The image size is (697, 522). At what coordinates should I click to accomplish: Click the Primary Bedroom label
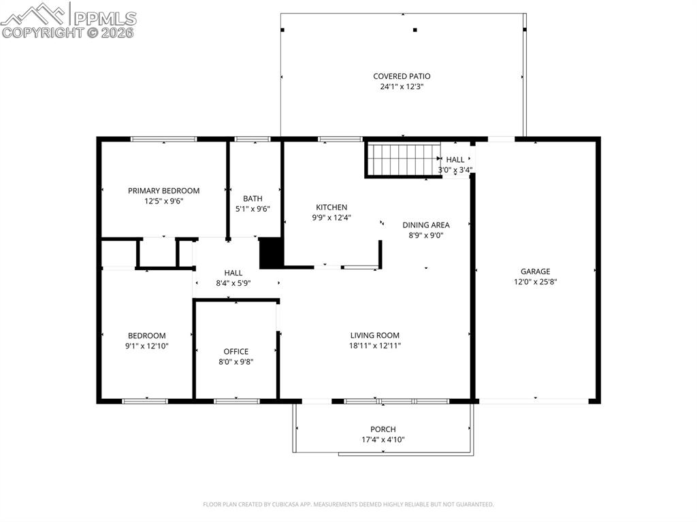[x=163, y=191]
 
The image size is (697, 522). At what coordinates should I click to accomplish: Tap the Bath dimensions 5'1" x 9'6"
[x=253, y=209]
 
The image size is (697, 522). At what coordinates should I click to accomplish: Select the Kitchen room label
[x=331, y=207]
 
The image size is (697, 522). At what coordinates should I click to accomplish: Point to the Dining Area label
[x=426, y=225]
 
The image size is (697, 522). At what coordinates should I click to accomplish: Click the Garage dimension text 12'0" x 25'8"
[x=535, y=282]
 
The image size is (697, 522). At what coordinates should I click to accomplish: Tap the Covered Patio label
[x=402, y=76]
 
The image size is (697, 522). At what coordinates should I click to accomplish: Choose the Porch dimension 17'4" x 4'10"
[x=383, y=440]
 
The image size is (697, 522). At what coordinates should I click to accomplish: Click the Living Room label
[x=375, y=336]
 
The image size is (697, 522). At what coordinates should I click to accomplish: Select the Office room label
[x=236, y=351]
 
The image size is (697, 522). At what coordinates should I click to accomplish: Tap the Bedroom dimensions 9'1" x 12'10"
[x=147, y=346]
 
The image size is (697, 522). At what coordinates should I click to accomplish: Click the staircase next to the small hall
[x=403, y=159]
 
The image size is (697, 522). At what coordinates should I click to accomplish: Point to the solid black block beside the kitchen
[x=271, y=253]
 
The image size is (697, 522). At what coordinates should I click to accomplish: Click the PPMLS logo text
[x=105, y=18]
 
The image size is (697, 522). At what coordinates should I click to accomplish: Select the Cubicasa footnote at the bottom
[x=348, y=504]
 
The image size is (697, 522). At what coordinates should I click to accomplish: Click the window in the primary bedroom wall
[x=163, y=139]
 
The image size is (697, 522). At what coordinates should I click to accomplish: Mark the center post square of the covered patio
[x=415, y=30]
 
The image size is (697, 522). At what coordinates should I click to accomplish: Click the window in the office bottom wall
[x=236, y=401]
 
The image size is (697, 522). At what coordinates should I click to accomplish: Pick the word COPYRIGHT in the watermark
[x=42, y=33]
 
